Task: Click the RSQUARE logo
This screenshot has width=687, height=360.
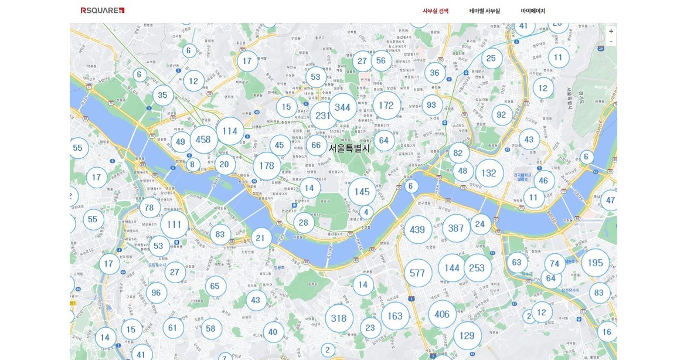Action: tap(103, 11)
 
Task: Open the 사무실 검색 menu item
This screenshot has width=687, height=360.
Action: tap(436, 11)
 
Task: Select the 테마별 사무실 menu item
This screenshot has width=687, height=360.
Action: tap(485, 11)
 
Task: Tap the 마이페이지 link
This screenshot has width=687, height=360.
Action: tap(533, 11)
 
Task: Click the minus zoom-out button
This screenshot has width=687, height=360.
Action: tap(611, 41)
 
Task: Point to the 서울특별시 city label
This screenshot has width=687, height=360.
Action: tap(349, 148)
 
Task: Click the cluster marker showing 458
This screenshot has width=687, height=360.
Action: tap(203, 140)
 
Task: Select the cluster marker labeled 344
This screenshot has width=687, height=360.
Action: tap(342, 108)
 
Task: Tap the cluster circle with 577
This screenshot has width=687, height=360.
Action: tap(417, 273)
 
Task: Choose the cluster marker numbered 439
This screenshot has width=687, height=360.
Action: tap(417, 230)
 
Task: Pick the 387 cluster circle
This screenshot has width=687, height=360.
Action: tap(456, 229)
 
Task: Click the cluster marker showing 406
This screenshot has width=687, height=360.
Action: tap(442, 315)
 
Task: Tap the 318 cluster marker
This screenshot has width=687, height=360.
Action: tap(339, 318)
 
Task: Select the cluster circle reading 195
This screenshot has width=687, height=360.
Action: tap(595, 263)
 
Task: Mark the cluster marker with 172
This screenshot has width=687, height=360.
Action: tap(386, 106)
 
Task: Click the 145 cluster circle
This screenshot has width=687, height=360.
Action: tap(362, 192)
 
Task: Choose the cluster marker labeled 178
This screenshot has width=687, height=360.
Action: tap(267, 166)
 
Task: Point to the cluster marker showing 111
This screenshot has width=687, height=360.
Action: tap(174, 225)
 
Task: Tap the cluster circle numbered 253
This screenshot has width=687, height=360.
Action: tap(477, 268)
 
